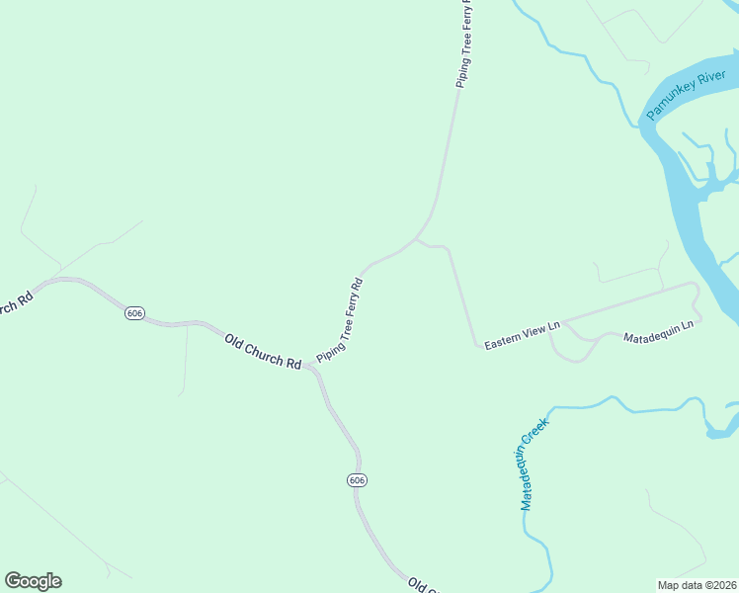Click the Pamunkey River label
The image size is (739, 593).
tap(687, 96)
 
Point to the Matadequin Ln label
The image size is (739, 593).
tap(660, 331)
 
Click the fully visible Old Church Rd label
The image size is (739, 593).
tap(262, 352)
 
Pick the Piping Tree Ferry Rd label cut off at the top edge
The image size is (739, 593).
tap(463, 45)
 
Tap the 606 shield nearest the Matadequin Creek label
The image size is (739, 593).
tap(357, 479)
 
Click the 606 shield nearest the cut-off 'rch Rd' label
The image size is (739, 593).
tap(135, 313)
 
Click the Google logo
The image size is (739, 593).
tap(33, 581)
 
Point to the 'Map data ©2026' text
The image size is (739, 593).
tap(697, 585)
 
